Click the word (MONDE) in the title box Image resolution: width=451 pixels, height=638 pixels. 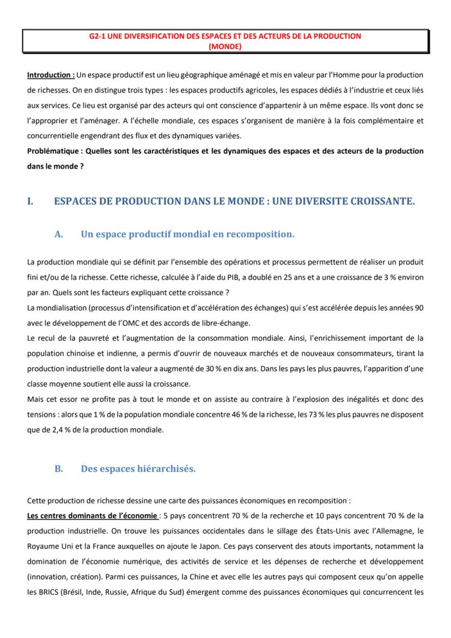225,47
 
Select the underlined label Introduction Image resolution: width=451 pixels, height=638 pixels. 51,75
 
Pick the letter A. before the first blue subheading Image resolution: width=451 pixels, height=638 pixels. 59,234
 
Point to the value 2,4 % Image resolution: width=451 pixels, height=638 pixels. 50,430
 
